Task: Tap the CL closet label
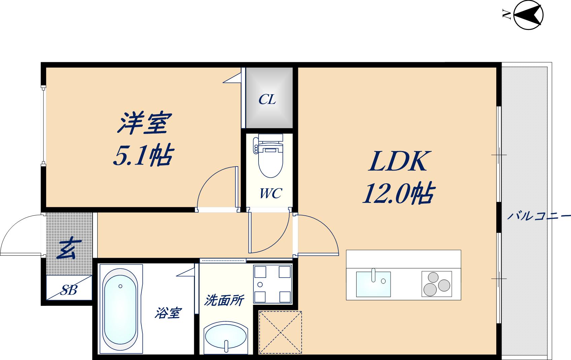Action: point(267,99)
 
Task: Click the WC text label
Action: point(270,193)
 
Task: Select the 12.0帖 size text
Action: point(398,194)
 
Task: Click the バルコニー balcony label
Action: point(538,216)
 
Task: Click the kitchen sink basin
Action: point(373,284)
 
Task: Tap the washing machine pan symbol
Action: point(272,284)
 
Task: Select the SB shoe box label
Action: point(69,289)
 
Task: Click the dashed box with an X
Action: point(280,332)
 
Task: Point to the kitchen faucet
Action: point(373,275)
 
